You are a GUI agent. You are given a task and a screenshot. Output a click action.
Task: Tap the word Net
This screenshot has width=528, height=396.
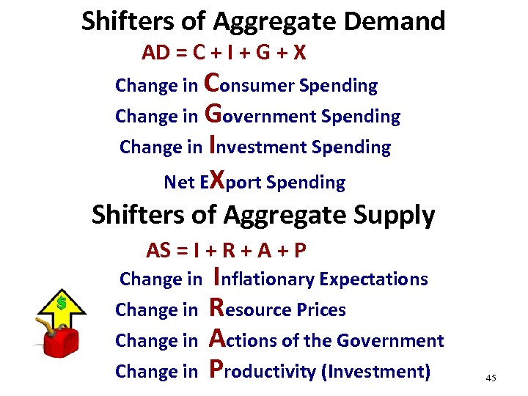(179, 182)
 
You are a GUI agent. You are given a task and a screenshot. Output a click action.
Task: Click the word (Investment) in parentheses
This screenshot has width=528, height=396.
(375, 371)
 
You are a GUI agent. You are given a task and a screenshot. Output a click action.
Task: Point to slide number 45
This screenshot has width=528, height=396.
(491, 378)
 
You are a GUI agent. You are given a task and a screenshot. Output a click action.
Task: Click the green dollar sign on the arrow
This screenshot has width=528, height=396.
(62, 301)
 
